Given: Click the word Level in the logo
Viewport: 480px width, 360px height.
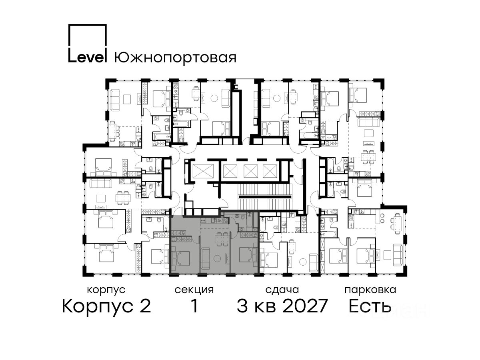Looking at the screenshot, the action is pos(87,57).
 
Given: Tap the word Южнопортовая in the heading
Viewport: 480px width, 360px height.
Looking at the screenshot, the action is pos(175,58).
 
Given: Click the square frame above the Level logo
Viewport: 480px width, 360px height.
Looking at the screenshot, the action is pos(87,43).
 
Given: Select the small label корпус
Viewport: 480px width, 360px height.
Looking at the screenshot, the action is pos(106,290).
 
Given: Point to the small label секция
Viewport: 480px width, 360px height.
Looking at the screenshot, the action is pos(194,290).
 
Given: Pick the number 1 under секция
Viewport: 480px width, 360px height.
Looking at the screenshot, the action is pos(194,306).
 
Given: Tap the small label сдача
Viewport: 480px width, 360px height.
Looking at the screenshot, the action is pos(282,290).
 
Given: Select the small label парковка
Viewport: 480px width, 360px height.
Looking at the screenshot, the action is pos(370,290).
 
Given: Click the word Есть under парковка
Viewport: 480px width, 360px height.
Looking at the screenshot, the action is pos(370,306).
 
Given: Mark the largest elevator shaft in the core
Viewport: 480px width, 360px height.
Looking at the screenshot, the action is pos(203,170).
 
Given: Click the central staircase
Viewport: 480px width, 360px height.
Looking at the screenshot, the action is pos(265,196).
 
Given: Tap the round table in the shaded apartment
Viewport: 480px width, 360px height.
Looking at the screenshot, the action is pos(217,258).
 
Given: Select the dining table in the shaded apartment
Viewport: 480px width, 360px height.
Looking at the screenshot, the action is pos(222,239).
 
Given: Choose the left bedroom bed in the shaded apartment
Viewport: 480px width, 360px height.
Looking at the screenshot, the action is pos(181,258).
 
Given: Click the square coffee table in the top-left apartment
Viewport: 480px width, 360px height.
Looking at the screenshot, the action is pos(127,99).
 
